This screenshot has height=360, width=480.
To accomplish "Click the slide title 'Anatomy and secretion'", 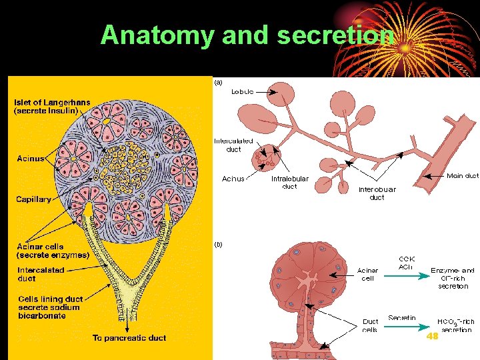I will click(247, 35).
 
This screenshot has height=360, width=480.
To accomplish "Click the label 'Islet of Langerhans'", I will click(52, 103).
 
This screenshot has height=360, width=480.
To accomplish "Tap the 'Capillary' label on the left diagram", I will click(34, 199).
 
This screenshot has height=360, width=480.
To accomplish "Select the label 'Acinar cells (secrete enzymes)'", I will click(53, 251).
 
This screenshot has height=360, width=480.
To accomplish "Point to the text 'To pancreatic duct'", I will click(129, 338).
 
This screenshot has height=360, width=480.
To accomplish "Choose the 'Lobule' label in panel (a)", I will click(242, 91).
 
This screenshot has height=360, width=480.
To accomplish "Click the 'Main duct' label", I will click(462, 176).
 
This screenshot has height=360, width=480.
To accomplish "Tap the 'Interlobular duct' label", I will click(377, 193).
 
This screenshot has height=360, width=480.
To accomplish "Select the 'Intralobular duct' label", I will click(289, 183).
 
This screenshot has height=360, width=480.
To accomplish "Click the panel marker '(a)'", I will click(218, 83).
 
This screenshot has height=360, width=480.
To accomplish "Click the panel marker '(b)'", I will click(218, 244).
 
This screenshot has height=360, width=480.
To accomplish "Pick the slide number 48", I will click(432, 337).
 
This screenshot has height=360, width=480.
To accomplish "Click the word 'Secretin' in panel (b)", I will click(402, 318).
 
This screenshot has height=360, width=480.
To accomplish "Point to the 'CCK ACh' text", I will click(406, 263).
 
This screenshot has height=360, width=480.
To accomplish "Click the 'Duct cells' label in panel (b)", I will click(370, 326).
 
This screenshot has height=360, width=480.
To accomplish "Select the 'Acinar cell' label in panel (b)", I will click(367, 275).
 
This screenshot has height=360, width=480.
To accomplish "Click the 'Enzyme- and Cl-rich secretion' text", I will click(453, 279).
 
